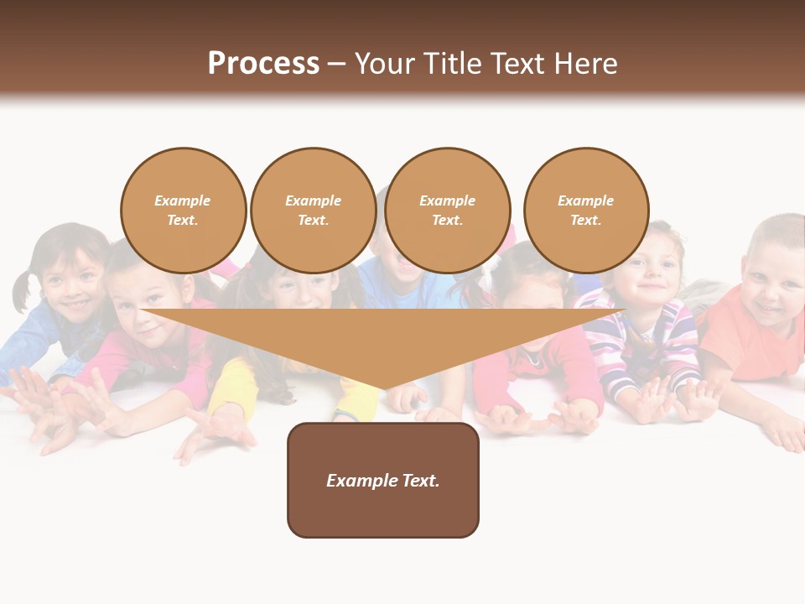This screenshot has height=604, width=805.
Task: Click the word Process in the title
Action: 263,64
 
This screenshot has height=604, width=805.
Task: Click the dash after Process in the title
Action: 336,65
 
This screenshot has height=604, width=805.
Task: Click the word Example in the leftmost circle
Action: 182,200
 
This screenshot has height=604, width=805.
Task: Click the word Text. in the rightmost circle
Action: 585,220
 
